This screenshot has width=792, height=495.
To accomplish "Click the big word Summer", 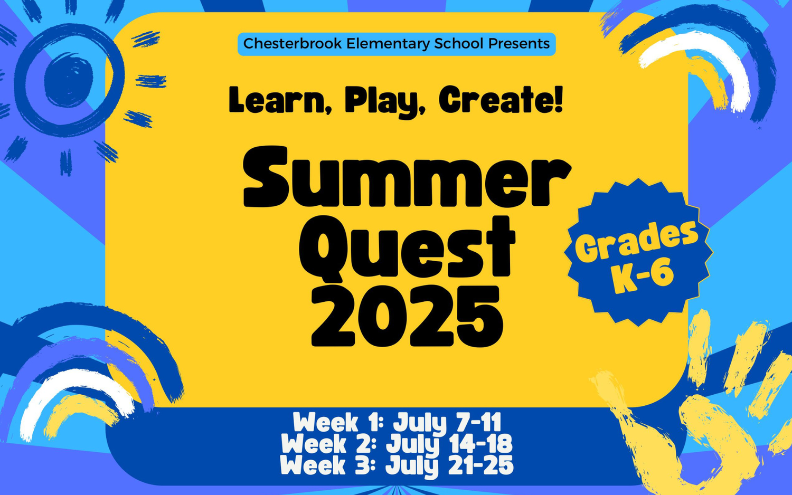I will (x=407, y=178).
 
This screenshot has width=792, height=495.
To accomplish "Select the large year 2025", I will (x=407, y=318).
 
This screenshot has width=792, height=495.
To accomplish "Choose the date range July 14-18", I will (x=449, y=444).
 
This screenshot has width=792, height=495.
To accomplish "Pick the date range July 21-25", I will (x=449, y=465).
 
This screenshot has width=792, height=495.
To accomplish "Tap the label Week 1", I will (x=335, y=423).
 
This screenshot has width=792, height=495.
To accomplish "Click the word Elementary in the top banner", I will (x=388, y=44).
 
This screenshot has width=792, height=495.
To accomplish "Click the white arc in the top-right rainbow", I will (x=702, y=58).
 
